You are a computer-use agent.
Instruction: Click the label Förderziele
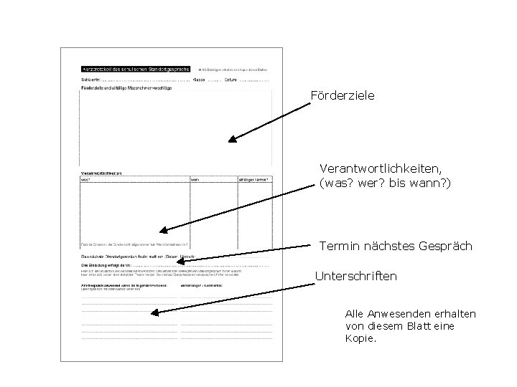point(343,95)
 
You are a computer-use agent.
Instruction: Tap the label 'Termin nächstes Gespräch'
point(396,247)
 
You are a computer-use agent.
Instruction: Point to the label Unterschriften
point(356,276)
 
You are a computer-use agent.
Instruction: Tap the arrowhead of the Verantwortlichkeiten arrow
point(162,231)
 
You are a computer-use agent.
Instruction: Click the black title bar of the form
point(135,70)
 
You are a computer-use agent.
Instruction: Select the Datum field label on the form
point(231,80)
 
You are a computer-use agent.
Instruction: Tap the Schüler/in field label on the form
point(90,80)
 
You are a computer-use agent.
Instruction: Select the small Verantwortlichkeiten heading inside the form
point(103,173)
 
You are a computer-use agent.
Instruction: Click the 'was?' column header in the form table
point(86,180)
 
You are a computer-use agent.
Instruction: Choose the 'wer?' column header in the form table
point(195,180)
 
